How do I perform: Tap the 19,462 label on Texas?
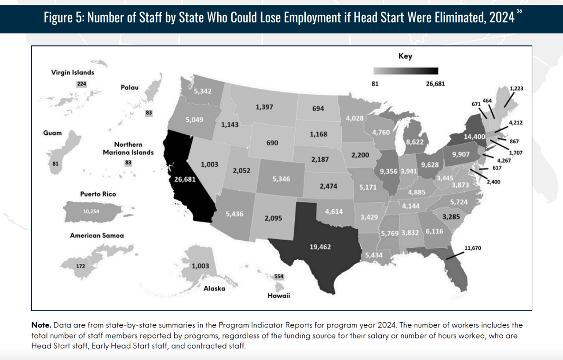coord(320,247)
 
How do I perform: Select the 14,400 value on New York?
coord(474,137)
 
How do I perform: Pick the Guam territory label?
coord(52,133)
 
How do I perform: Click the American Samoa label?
coord(97,236)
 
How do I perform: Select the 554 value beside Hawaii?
coord(279,276)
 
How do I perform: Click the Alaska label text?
coord(214,288)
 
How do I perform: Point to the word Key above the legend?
coord(405,56)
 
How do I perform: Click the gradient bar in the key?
coord(406,71)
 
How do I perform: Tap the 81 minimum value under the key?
coord(375,83)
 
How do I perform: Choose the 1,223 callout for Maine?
coord(516,88)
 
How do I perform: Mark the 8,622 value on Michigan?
coord(414,142)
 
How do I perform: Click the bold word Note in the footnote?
coord(41,325)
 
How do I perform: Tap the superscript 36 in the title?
coord(519,11)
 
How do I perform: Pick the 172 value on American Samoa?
coord(80,266)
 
